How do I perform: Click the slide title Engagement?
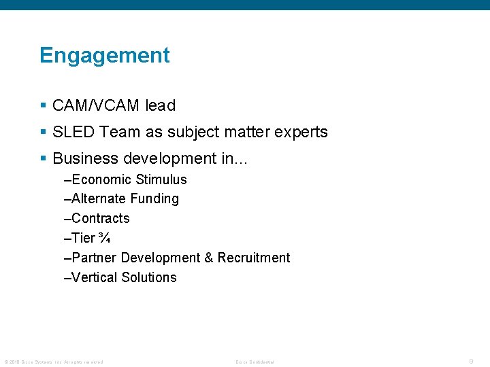click(104, 55)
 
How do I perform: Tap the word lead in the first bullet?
click(160, 105)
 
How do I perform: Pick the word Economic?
click(101, 179)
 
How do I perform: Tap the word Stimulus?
click(161, 179)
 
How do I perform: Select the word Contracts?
click(100, 218)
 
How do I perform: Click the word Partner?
click(93, 258)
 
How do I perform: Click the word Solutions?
click(149, 277)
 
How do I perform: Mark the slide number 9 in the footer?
click(471, 362)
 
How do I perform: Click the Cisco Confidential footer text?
click(255, 362)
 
